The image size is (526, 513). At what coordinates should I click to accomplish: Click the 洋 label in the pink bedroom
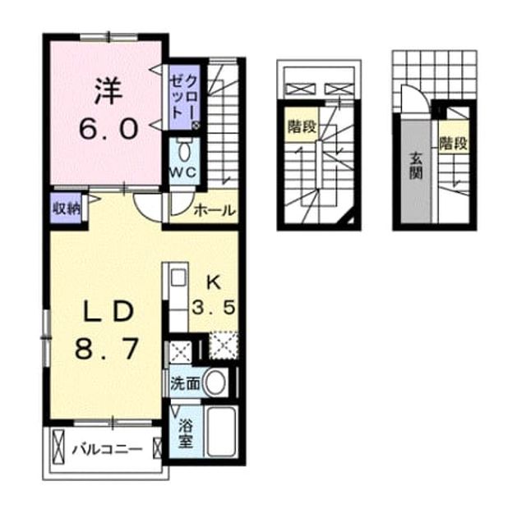(108, 90)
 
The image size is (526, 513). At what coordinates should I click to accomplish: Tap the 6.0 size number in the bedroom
(108, 130)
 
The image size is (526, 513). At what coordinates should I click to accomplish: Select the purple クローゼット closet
(184, 97)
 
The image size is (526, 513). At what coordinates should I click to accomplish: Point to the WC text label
(182, 172)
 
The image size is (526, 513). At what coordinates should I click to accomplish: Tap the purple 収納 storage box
(66, 208)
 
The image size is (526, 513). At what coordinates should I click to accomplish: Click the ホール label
(215, 210)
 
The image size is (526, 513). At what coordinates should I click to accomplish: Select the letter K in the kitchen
(214, 283)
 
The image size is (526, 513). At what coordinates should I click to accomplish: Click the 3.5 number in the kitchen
(214, 307)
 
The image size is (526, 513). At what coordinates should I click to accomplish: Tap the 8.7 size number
(107, 349)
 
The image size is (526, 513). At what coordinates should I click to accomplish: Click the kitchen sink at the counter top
(178, 277)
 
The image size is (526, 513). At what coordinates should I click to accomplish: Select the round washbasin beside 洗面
(215, 383)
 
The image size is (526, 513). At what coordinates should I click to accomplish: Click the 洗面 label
(185, 383)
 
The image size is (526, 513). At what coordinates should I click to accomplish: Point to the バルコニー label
(107, 449)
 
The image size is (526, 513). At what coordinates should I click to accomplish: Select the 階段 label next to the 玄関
(454, 144)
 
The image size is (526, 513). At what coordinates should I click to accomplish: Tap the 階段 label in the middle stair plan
(302, 126)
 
